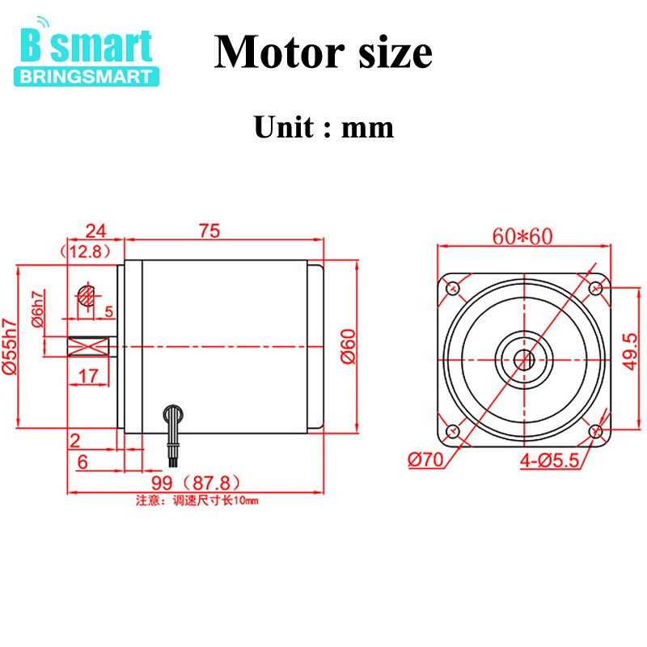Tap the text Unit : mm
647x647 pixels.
pyautogui.click(x=323, y=127)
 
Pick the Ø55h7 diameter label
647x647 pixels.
pyautogui.click(x=11, y=346)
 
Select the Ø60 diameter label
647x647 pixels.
pyautogui.click(x=349, y=347)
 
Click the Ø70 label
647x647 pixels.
pyautogui.click(x=425, y=460)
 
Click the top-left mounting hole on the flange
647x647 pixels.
pyautogui.click(x=453, y=286)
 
